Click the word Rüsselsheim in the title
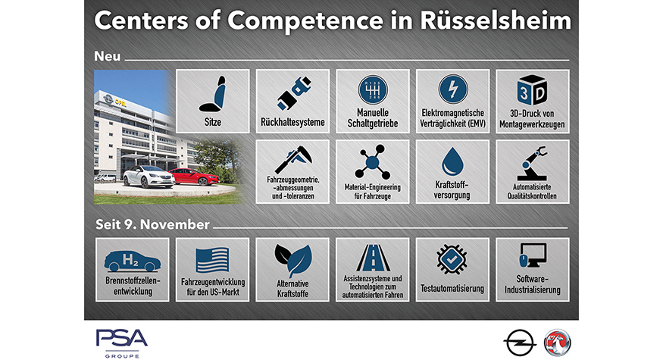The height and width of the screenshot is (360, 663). click(496, 20)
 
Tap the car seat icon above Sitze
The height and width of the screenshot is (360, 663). click(213, 94)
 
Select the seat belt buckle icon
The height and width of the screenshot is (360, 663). click(292, 93)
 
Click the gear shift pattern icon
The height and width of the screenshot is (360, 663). click(373, 90)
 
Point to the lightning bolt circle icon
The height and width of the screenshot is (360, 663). click(452, 89)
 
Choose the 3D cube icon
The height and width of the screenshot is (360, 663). click(532, 90)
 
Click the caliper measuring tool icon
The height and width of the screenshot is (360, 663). click(292, 159)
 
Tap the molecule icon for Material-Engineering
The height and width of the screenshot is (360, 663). click(373, 162)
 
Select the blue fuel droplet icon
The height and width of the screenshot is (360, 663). click(452, 161)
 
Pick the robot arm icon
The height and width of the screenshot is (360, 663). click(532, 163)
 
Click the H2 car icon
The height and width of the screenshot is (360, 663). click(133, 261)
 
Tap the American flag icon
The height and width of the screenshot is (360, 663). click(212, 260)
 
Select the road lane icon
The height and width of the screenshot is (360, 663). click(373, 258)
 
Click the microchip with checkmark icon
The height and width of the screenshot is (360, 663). click(452, 259)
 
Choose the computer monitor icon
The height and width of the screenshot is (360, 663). click(533, 255)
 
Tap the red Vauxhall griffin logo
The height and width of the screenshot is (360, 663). click(557, 343)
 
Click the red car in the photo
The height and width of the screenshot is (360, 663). click(194, 177)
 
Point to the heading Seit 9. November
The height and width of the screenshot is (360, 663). click(152, 224)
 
